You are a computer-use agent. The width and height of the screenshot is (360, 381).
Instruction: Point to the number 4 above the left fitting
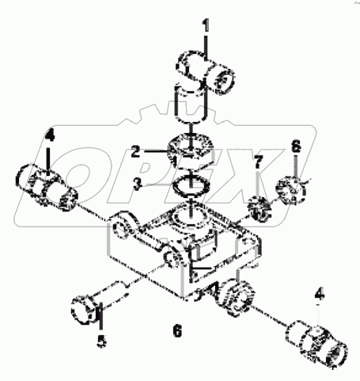(x=48, y=136)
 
